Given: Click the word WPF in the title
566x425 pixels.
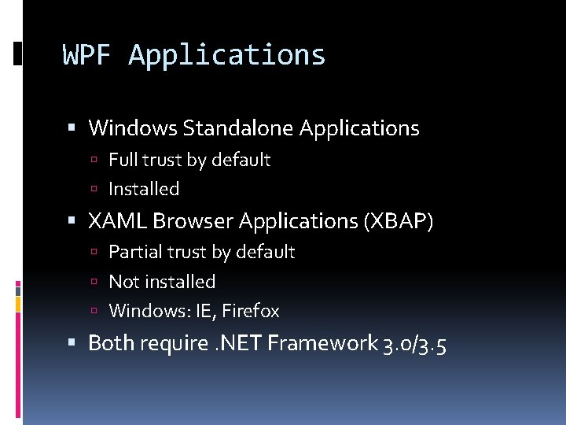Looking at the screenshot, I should tap(89, 55).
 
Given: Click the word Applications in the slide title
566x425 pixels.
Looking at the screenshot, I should tap(227, 56).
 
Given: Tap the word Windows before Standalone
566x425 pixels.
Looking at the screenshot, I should tap(134, 128).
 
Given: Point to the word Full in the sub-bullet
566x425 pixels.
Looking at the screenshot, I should tap(122, 160).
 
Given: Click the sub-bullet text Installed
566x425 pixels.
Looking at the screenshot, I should tap(144, 189).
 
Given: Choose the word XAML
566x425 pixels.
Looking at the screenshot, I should tap(118, 221).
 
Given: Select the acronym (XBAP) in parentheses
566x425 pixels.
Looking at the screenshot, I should tap(399, 221).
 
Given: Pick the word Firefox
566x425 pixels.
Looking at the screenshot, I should tap(251, 311).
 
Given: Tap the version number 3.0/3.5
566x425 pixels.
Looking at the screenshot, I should tap(414, 344).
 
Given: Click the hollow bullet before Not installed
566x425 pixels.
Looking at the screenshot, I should tap(94, 282).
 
